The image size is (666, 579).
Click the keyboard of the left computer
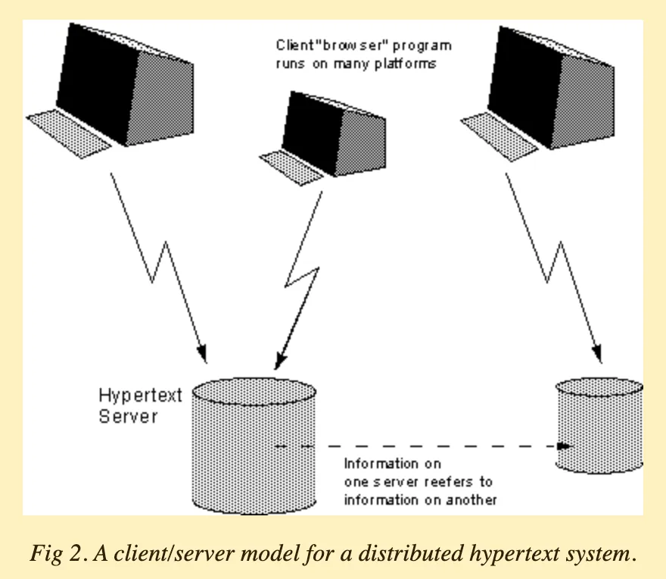68,132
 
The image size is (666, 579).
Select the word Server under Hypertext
128,416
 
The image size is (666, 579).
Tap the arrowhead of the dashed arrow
564,446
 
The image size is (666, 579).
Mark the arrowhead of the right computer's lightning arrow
598,355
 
